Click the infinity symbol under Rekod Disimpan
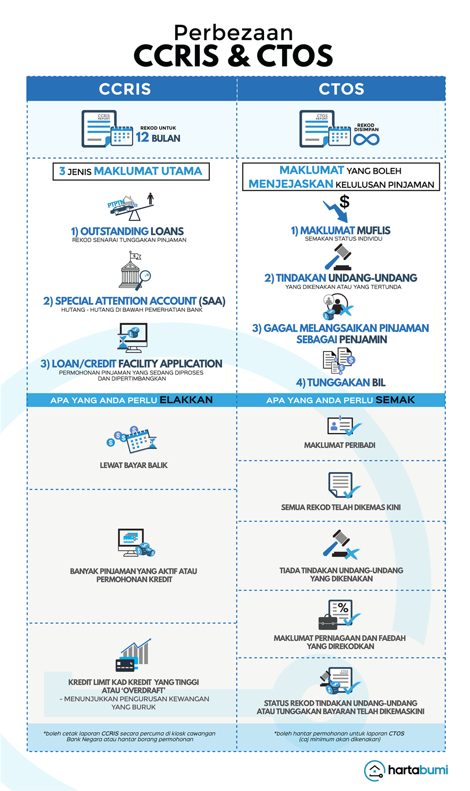click(x=366, y=139)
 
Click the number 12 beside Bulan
click(x=142, y=137)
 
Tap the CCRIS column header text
click(x=125, y=88)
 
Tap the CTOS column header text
click(x=341, y=88)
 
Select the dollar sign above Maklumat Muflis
click(x=344, y=201)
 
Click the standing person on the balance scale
click(x=151, y=198)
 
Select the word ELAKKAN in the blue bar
click(x=186, y=400)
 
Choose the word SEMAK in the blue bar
click(x=395, y=400)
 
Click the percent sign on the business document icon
click(x=343, y=608)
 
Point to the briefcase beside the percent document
click(x=328, y=622)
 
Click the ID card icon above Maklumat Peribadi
click(x=340, y=425)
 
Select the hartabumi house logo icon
click(x=374, y=770)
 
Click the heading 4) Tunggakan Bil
click(x=340, y=382)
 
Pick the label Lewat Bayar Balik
click(x=134, y=465)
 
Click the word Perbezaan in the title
click(x=233, y=33)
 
